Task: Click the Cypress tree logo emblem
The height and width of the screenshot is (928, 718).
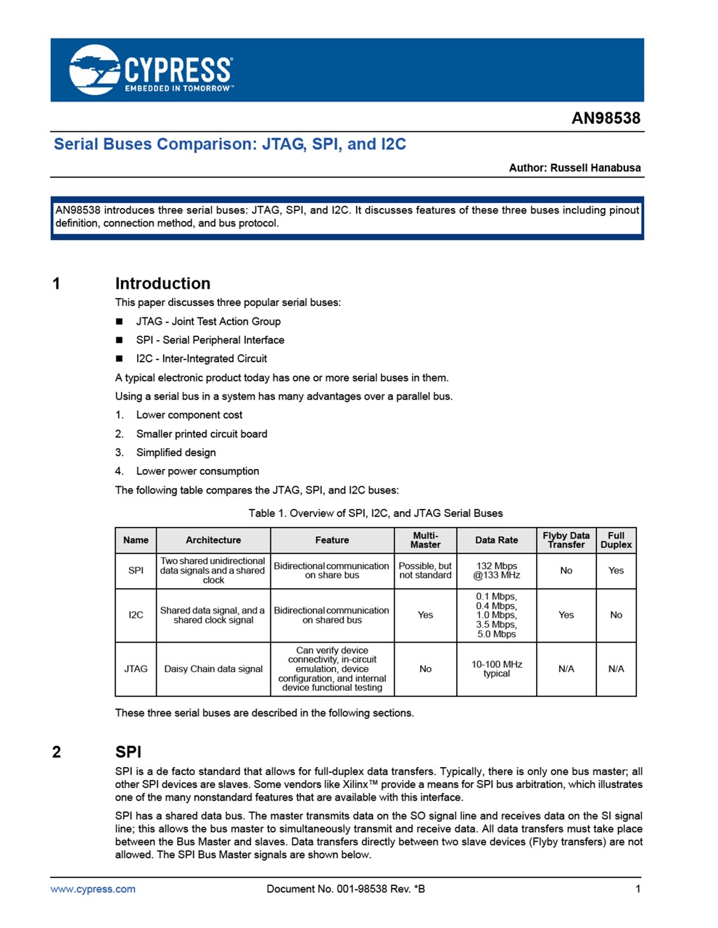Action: pyautogui.click(x=94, y=70)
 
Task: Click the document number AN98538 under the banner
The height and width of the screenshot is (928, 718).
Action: pyautogui.click(x=606, y=118)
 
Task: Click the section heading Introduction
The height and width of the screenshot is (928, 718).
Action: pyautogui.click(x=162, y=283)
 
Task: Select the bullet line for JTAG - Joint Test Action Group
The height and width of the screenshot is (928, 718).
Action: pyautogui.click(x=207, y=321)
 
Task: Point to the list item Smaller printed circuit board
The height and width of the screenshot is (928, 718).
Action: pyautogui.click(x=201, y=434)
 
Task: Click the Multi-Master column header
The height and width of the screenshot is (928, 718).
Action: pyautogui.click(x=425, y=540)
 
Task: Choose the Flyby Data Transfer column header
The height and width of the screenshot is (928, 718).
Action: pyautogui.click(x=566, y=540)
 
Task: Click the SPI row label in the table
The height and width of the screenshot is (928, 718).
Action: pyautogui.click(x=136, y=571)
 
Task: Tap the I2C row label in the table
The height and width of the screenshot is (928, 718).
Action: pyautogui.click(x=136, y=615)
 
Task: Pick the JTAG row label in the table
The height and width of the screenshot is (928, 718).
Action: pyautogui.click(x=136, y=668)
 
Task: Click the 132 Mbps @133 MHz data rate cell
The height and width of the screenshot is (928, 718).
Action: pyautogui.click(x=496, y=571)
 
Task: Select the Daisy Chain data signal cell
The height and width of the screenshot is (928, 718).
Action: pyautogui.click(x=213, y=668)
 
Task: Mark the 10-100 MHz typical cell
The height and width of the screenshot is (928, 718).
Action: pyautogui.click(x=496, y=668)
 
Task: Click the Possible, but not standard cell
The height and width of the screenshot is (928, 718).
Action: pyautogui.click(x=425, y=571)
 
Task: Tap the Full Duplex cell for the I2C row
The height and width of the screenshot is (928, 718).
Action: pyautogui.click(x=616, y=615)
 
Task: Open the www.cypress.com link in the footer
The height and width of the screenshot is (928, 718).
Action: pyautogui.click(x=93, y=889)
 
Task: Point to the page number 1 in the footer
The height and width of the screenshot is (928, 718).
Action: pyautogui.click(x=637, y=889)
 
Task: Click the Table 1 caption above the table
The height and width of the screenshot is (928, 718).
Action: pyautogui.click(x=375, y=513)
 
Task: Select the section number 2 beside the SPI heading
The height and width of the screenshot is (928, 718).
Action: pyautogui.click(x=57, y=752)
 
